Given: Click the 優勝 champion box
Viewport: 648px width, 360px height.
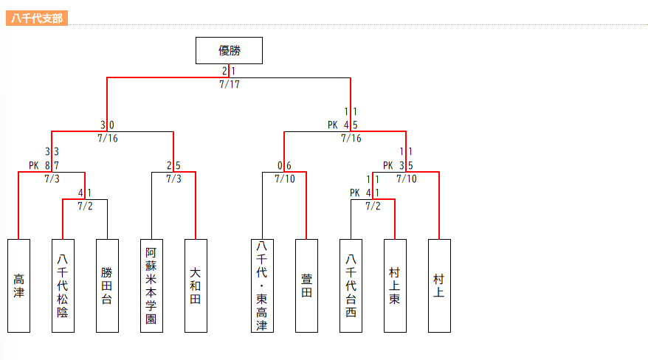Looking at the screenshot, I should (229, 50).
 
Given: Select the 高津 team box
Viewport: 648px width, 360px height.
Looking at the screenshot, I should (18, 285).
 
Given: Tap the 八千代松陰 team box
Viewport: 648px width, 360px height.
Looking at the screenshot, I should (63, 285).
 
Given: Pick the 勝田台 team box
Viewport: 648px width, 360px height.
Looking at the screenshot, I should (107, 285).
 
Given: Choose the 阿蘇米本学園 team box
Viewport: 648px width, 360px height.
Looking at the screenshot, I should (151, 285).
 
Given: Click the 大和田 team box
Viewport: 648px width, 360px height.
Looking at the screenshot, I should (196, 285).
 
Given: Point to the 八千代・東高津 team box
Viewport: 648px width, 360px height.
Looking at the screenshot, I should (262, 285).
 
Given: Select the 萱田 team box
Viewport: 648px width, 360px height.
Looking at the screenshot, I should (306, 285).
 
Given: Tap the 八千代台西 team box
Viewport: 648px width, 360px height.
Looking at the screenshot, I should (351, 285).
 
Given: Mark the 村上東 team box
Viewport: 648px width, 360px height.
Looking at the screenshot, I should (395, 285).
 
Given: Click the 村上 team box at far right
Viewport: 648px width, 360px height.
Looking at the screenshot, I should (439, 285).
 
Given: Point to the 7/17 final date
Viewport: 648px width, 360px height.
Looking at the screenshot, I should (229, 84).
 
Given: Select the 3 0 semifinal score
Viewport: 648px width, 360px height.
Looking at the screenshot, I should (107, 125).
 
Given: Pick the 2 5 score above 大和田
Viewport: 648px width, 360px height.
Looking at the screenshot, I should (173, 165).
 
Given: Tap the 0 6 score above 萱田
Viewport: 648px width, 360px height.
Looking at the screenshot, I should (284, 165).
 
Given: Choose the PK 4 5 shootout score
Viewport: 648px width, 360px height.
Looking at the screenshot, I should (343, 125).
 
